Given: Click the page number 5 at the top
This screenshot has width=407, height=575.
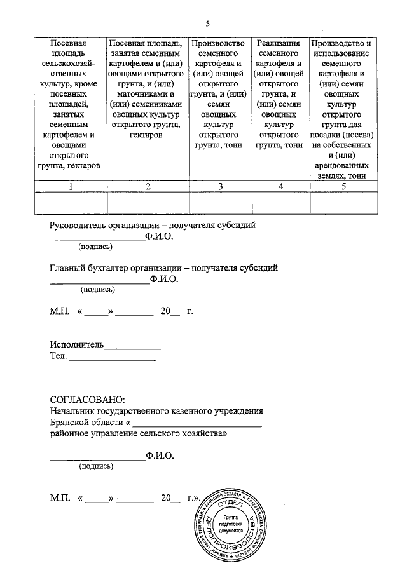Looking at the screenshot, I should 207,24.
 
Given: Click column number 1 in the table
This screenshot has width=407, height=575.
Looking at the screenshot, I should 71,186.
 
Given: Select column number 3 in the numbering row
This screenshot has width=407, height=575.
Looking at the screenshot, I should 220,186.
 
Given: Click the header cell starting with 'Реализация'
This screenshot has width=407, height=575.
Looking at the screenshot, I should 279,94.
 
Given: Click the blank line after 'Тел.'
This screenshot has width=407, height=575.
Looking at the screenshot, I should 113,360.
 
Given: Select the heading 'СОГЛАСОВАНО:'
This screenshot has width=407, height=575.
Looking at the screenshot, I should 88,400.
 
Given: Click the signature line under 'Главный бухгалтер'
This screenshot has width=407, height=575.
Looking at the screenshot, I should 99,282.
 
